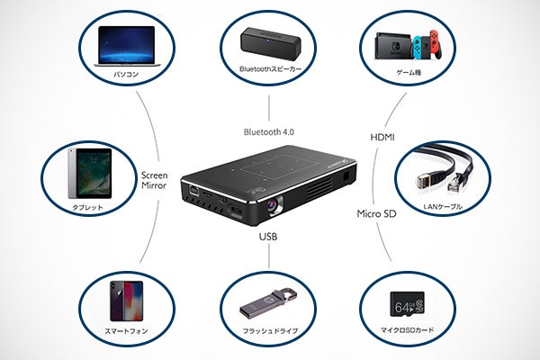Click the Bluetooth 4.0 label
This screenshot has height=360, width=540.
[269, 131]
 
